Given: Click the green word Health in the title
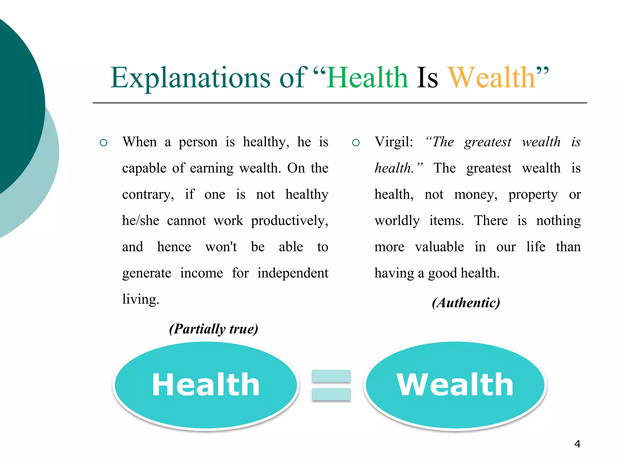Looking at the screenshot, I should tap(368, 78).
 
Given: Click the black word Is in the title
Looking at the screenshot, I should tap(427, 78).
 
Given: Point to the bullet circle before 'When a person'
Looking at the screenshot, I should tap(104, 143).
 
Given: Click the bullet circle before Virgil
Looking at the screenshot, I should tap(356, 143).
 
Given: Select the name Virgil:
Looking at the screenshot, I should tap(393, 142).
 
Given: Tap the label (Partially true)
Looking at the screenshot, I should tap(214, 329).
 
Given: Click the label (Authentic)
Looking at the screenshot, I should tap(466, 303).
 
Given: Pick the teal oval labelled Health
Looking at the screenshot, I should tap(206, 385).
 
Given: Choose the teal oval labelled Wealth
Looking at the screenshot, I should tap(455, 385).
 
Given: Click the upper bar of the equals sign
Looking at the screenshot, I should tap(331, 376).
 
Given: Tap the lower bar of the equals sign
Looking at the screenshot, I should tap(331, 394).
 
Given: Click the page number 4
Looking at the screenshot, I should tap(577, 444).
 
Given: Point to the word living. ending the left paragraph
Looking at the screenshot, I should tap(140, 299).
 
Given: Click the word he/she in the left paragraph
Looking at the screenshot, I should tap(141, 221).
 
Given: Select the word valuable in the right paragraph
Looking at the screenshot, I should tap(439, 247).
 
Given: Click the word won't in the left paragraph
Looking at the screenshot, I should tap(221, 247).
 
